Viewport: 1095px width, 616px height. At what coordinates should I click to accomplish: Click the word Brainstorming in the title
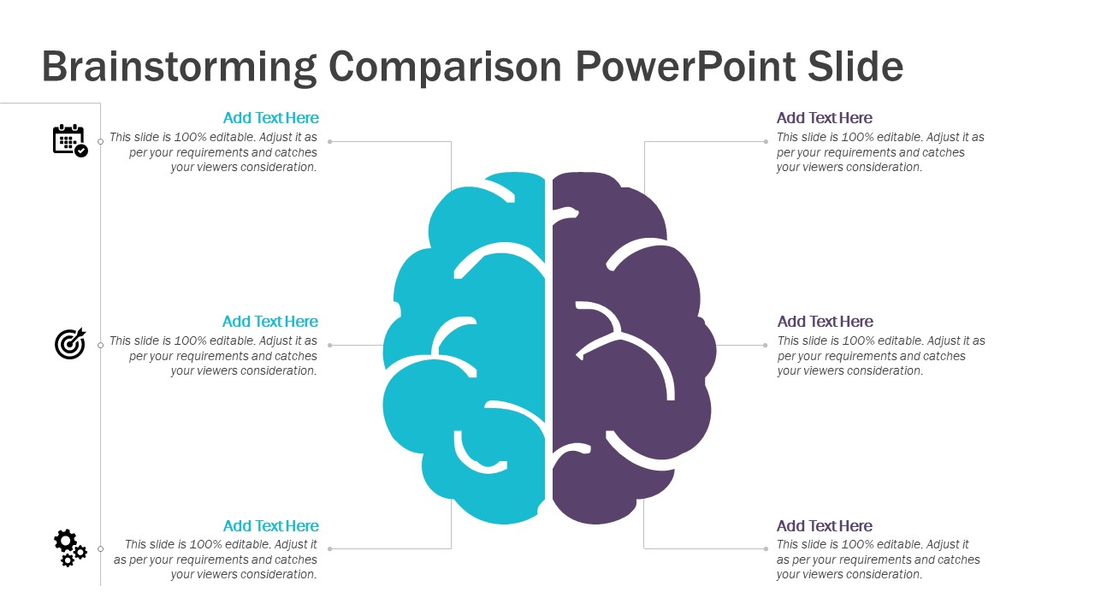click(x=179, y=68)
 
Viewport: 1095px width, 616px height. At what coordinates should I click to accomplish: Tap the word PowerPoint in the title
click(x=686, y=68)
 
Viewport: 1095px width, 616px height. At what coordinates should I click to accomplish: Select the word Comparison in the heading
click(x=446, y=68)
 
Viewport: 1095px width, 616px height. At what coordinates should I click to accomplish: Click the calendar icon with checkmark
click(x=70, y=141)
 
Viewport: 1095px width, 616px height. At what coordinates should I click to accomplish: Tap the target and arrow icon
click(x=70, y=343)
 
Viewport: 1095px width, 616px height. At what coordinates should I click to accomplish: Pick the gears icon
click(x=70, y=548)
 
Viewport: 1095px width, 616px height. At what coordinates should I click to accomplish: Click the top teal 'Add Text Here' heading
click(x=271, y=118)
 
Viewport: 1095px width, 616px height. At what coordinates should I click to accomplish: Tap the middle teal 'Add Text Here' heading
click(x=269, y=322)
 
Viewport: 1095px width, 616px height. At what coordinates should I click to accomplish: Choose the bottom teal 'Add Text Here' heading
click(x=271, y=526)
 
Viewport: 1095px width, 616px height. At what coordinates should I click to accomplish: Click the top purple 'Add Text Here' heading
click(x=824, y=118)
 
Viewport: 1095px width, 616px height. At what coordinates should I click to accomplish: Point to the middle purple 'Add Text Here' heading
click(x=826, y=322)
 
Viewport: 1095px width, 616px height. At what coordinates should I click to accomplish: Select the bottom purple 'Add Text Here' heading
click(x=824, y=526)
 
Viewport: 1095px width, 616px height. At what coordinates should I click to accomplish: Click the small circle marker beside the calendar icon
click(x=101, y=142)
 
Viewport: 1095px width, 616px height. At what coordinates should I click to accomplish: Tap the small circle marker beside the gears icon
click(x=101, y=549)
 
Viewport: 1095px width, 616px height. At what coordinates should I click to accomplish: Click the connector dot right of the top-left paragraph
click(x=330, y=142)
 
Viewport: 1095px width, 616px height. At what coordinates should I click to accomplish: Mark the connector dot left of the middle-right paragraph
click(x=766, y=345)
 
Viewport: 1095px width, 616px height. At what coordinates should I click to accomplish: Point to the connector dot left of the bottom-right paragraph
click(x=766, y=549)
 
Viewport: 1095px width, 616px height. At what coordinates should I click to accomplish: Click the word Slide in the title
click(x=855, y=68)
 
